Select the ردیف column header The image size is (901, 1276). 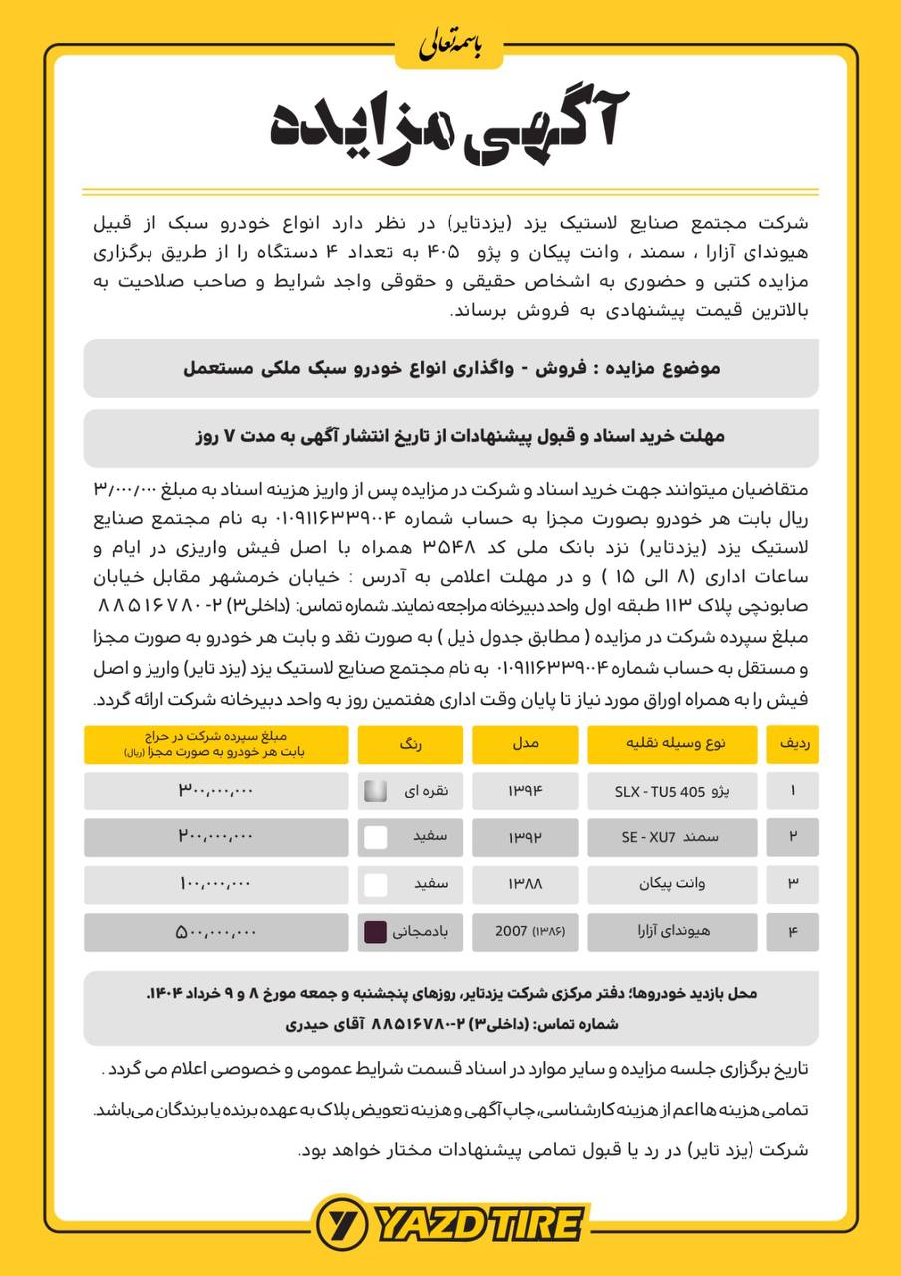point(792,744)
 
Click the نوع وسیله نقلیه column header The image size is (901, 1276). point(673,744)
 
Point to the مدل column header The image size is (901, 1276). point(524,744)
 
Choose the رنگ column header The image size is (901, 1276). point(411,744)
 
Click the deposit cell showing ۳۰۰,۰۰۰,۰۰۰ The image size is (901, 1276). point(216,791)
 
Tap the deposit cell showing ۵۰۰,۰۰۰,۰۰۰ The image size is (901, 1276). point(216,932)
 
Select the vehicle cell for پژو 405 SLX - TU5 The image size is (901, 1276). point(673,791)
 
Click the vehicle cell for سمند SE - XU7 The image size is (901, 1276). point(673,837)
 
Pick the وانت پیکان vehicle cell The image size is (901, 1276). point(673,884)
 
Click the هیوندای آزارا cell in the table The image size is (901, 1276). point(673,932)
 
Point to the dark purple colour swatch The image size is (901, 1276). point(376,932)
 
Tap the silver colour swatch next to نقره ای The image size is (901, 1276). point(376,791)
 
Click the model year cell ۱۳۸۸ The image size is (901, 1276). point(524,884)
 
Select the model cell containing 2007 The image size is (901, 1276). point(524,932)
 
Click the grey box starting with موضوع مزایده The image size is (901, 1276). point(450,368)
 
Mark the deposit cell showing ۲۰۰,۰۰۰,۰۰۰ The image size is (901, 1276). point(216,837)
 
